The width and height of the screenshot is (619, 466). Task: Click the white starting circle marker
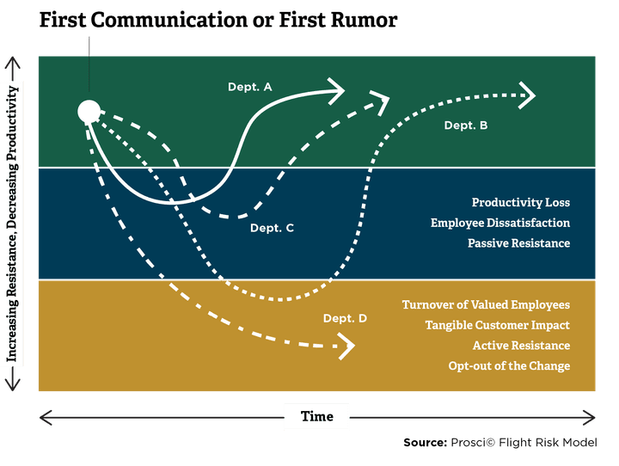[89, 111]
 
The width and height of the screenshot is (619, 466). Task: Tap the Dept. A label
[250, 87]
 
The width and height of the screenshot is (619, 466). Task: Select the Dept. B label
[466, 126]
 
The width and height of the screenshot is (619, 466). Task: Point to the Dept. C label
[272, 228]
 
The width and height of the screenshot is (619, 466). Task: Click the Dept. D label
[346, 319]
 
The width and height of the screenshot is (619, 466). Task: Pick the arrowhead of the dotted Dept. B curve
[527, 95]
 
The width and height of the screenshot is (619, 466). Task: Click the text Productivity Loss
[520, 203]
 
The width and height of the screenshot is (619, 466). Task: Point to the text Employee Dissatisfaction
[500, 224]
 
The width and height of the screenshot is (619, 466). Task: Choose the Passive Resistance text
[518, 243]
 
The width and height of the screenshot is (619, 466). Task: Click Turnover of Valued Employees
[486, 305]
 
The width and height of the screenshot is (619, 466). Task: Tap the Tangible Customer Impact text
[497, 325]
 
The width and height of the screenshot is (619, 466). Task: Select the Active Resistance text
[521, 346]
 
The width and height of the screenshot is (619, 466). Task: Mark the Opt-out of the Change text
[509, 366]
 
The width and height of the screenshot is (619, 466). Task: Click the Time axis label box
[316, 417]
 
